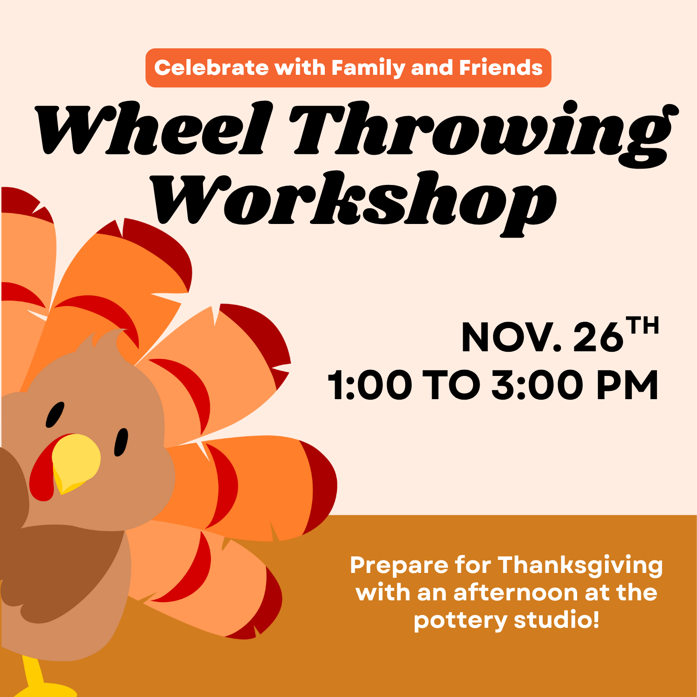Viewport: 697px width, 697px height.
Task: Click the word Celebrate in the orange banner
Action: pyautogui.click(x=211, y=68)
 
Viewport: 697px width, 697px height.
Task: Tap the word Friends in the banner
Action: pyautogui.click(x=501, y=68)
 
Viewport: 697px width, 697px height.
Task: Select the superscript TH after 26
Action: pyautogui.click(x=642, y=326)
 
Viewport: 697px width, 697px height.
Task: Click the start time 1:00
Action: pyautogui.click(x=370, y=385)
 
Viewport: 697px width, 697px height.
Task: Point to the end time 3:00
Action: pyautogui.click(x=537, y=385)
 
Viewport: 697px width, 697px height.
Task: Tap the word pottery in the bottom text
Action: pyautogui.click(x=460, y=621)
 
